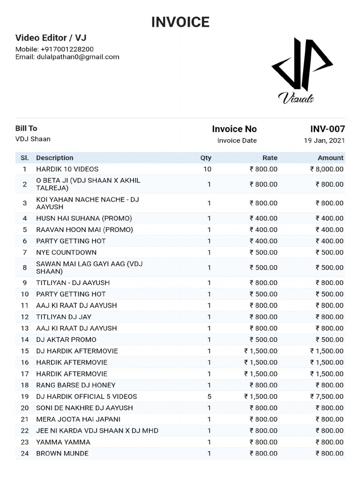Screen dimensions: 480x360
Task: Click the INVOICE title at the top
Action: click(x=180, y=22)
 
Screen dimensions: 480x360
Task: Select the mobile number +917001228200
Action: click(x=67, y=49)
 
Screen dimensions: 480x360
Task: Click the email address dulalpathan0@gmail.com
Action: click(x=78, y=57)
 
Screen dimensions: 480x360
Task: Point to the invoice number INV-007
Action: click(x=327, y=129)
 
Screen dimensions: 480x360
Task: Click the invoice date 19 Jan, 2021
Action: click(x=324, y=140)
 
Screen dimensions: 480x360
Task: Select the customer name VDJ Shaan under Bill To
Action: click(x=33, y=139)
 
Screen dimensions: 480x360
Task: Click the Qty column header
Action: click(x=206, y=158)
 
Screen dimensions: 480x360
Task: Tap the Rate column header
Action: click(x=270, y=158)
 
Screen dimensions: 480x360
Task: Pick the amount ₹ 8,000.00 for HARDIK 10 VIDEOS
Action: click(x=327, y=169)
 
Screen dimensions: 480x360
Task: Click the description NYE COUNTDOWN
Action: click(x=67, y=252)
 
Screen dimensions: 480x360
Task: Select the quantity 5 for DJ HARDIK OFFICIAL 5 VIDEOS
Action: click(x=209, y=397)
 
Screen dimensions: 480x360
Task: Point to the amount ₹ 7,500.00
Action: click(x=327, y=397)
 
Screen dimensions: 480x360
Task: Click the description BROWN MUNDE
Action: click(x=62, y=453)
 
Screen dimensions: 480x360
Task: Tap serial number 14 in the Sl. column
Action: click(x=25, y=339)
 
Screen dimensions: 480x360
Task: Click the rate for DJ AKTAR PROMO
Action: click(x=263, y=339)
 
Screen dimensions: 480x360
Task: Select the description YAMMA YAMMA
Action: click(x=63, y=442)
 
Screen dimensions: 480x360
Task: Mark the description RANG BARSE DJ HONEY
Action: click(x=75, y=385)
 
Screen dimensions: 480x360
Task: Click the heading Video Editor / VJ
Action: click(x=51, y=37)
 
